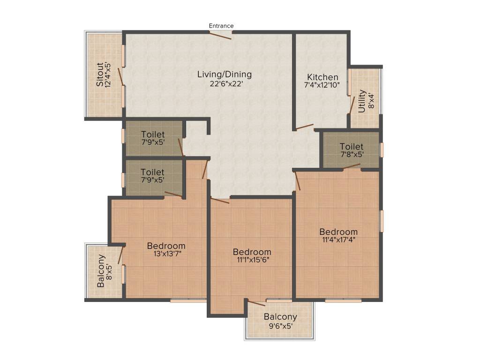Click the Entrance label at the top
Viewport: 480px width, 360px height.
pos(221,26)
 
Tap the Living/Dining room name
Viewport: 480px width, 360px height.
pos(224,75)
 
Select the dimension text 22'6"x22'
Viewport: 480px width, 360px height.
pos(224,84)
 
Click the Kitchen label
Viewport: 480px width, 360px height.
pos(322,77)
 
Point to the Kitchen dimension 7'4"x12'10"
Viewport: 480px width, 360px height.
pos(322,86)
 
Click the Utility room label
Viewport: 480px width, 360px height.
pos(361,101)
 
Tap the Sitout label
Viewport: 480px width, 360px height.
pos(99,75)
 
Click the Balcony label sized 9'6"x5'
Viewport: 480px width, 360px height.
pos(280,317)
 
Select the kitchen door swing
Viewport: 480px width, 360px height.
pos(304,127)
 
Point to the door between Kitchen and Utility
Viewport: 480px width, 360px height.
pos(352,104)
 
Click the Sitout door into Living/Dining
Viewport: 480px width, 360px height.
pos(120,75)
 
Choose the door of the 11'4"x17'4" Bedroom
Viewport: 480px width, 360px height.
pos(297,180)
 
